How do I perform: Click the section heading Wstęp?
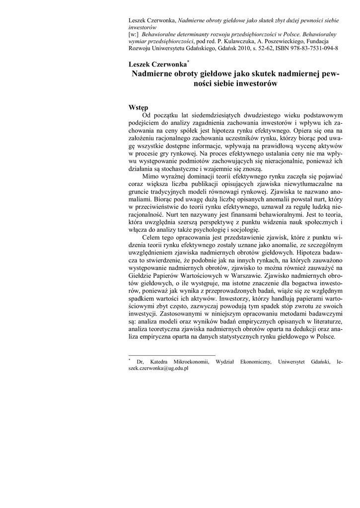tap(138, 108)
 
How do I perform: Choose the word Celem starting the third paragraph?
tap(152, 238)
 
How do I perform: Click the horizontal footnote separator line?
tap(172, 355)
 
